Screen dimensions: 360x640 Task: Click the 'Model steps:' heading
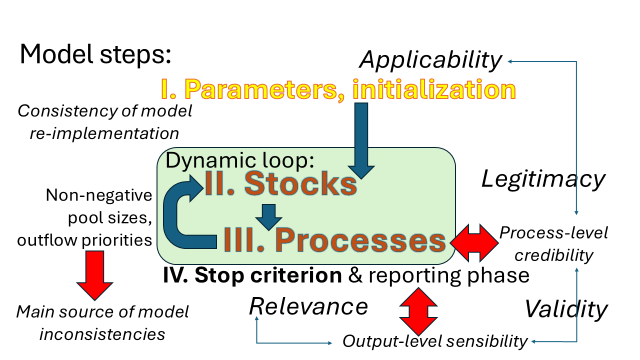95,54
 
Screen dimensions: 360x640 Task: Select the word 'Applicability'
430,60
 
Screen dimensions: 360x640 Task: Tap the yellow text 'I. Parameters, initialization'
338,89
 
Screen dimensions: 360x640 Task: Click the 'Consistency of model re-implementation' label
105,122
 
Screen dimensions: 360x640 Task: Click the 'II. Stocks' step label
280,184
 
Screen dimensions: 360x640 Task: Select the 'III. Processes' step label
334,240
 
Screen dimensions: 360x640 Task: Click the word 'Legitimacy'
543,178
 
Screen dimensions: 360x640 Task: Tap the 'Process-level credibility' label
553,244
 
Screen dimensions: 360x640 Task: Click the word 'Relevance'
308,306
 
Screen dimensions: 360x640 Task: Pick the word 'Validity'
565,309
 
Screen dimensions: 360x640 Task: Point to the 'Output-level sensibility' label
434,341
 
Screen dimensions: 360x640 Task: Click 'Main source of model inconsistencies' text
102,323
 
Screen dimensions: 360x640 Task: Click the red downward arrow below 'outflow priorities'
95,274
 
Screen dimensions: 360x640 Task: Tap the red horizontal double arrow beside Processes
474,242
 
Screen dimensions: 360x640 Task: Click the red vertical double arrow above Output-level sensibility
418,310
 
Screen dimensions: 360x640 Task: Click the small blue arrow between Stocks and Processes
269,216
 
